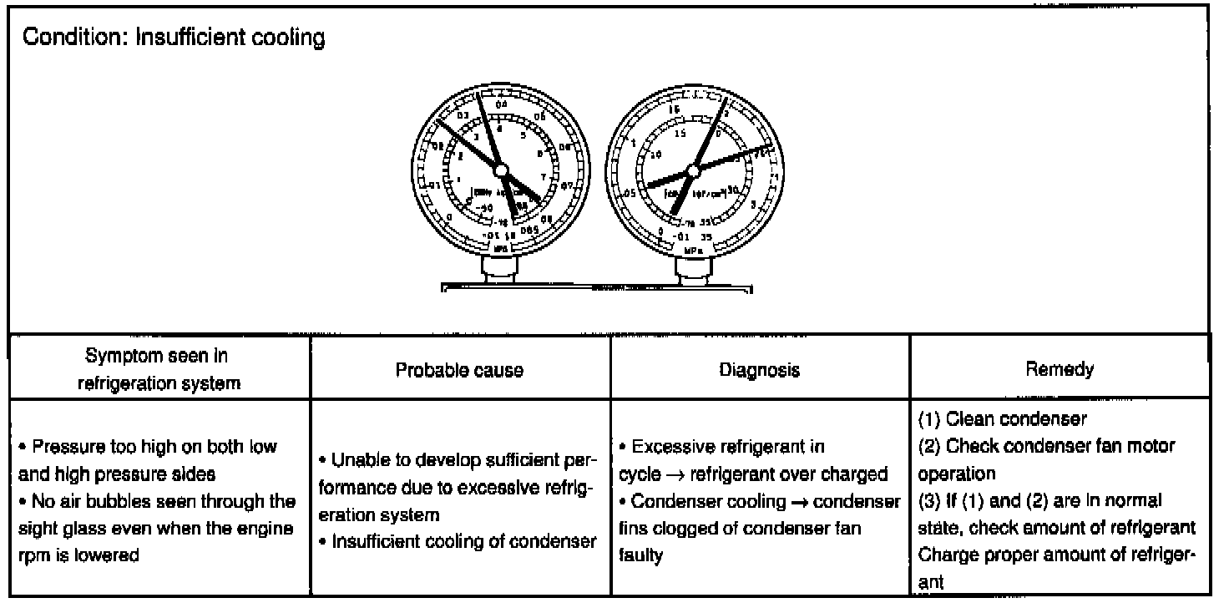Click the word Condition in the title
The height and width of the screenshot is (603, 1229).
(58, 39)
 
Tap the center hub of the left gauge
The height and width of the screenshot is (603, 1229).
(501, 170)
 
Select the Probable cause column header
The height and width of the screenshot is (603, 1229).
(460, 370)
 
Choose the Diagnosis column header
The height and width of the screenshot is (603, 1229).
(759, 370)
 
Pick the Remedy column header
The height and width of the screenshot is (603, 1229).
(1060, 369)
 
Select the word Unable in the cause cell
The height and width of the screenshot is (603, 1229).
(355, 461)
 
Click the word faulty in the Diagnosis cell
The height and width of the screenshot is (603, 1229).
(640, 555)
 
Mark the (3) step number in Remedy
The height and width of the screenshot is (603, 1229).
(928, 500)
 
